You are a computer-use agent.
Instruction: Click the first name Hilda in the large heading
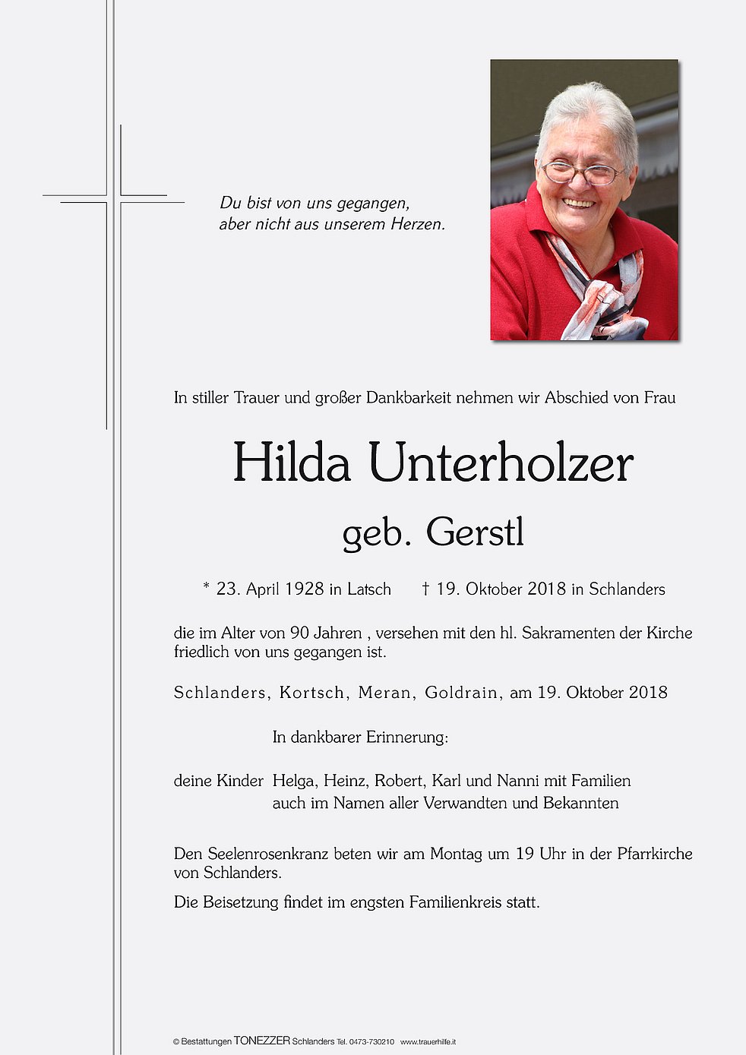pos(291,463)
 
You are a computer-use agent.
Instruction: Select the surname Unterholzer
pos(501,463)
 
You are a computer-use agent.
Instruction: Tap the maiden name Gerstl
pos(476,532)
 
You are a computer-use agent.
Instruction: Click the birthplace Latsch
pos(369,589)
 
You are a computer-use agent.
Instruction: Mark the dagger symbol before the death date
pos(426,589)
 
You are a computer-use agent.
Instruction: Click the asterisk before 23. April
pos(206,586)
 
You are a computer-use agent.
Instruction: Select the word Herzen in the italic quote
pos(417,224)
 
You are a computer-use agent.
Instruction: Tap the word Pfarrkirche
pos(654,854)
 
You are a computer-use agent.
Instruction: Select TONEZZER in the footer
pos(262,1041)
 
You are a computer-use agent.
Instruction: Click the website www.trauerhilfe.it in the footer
pos(428,1041)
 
